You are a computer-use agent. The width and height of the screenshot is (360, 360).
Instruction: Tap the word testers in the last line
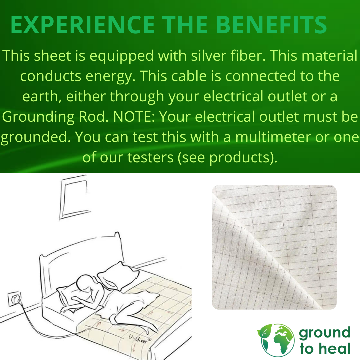150,157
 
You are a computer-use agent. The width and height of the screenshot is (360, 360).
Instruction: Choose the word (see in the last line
191,158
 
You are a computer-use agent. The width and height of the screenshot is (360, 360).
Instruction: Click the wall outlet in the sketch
14,299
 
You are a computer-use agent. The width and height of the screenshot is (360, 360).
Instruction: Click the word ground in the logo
325,333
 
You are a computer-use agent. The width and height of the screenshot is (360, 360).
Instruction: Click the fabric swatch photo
274,247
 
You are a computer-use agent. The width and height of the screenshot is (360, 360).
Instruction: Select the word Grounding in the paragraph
38,117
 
